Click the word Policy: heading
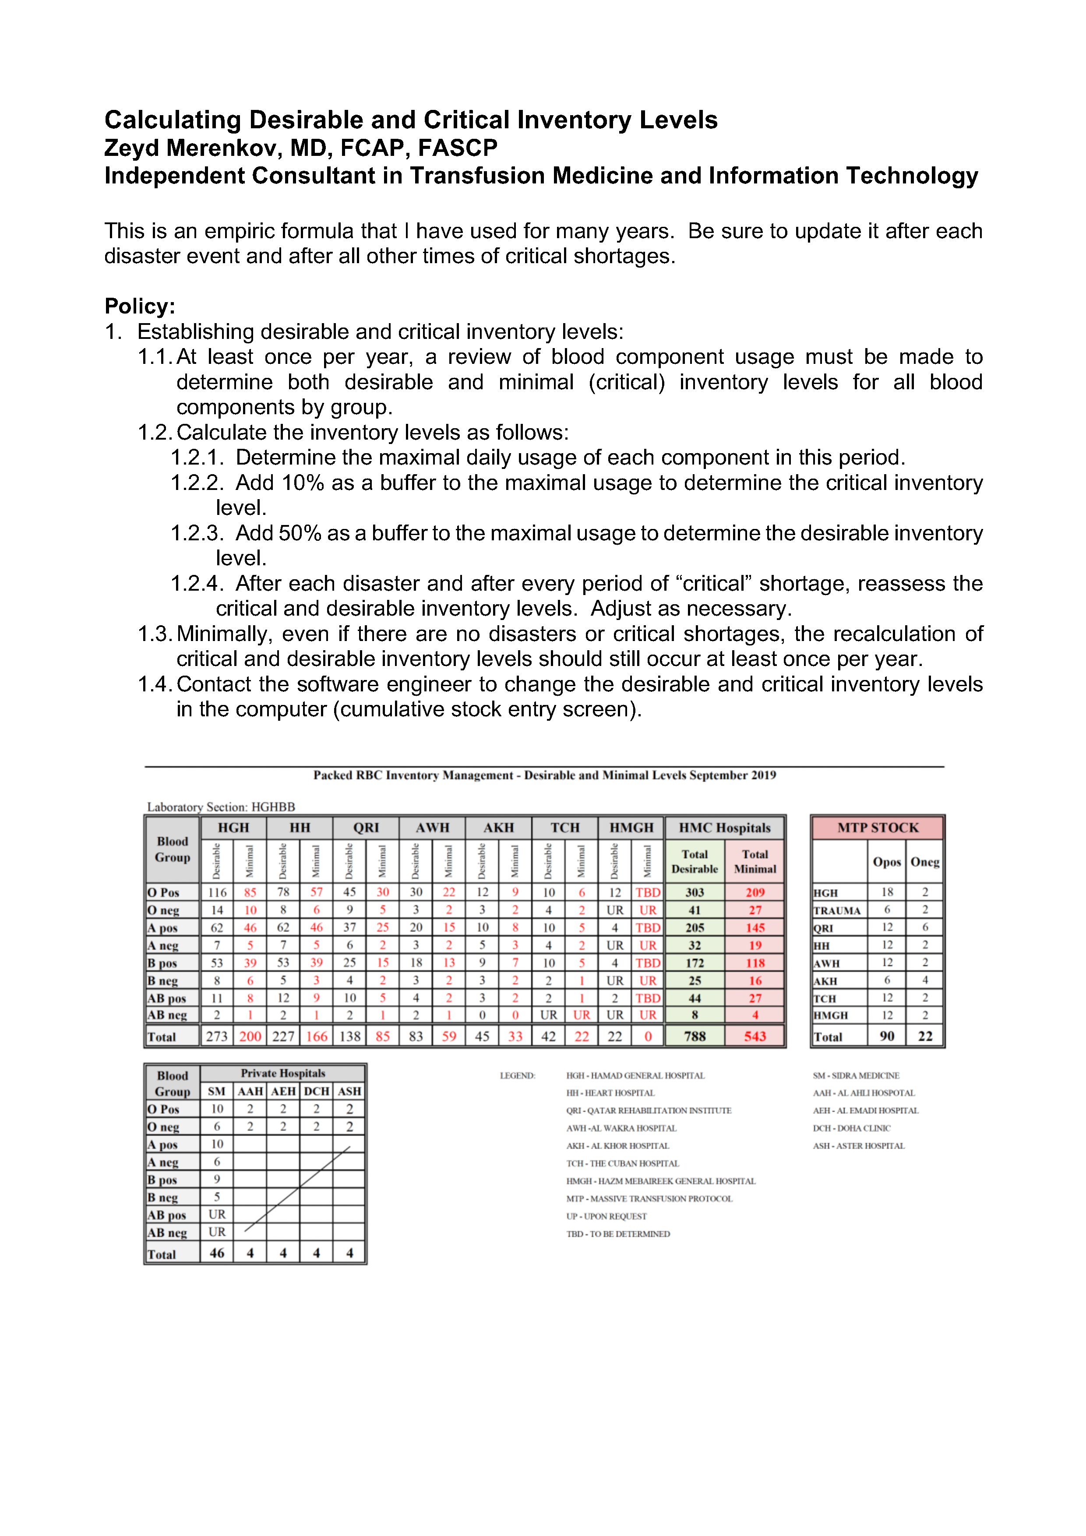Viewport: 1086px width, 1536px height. (x=139, y=306)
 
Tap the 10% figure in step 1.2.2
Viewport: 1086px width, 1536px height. (x=303, y=483)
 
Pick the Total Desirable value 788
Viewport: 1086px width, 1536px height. (x=694, y=1036)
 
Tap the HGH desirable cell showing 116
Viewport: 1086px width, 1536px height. (x=217, y=892)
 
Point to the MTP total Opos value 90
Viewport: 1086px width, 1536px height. (x=887, y=1036)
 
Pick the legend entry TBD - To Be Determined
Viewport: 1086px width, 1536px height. (x=617, y=1233)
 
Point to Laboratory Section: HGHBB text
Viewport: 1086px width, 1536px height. (x=221, y=807)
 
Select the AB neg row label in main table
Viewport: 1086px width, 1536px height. (x=167, y=1015)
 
